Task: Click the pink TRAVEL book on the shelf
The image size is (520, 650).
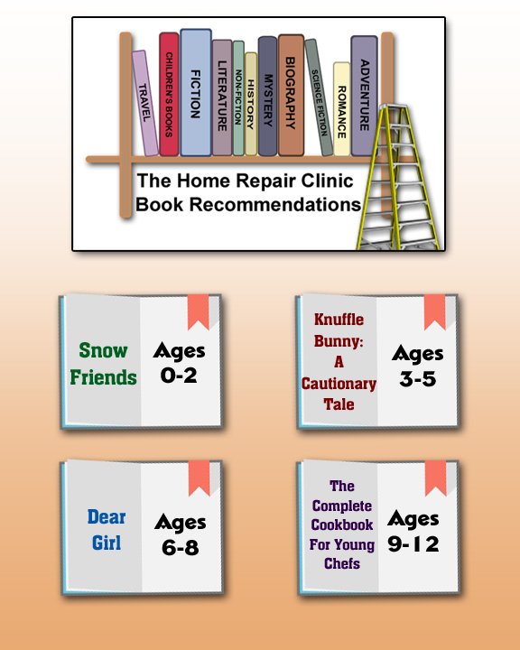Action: tap(144, 103)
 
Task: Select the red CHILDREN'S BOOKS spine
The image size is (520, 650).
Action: tap(169, 94)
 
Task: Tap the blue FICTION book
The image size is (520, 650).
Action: tap(196, 92)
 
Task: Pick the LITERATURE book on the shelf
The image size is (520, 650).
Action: tap(222, 97)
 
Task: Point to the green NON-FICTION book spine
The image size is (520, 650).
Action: tap(238, 97)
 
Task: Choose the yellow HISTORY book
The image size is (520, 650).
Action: tap(251, 104)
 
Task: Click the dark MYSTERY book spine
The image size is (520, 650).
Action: tap(267, 97)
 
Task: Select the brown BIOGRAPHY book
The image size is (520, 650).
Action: tap(291, 95)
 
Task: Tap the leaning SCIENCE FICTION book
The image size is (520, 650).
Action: tap(319, 97)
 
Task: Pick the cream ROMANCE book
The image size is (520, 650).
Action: tap(341, 109)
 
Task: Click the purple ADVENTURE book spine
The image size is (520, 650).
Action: tap(364, 96)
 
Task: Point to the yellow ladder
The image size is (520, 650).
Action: tap(396, 178)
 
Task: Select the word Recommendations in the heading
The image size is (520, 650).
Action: tap(275, 204)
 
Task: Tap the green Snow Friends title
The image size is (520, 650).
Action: tap(103, 364)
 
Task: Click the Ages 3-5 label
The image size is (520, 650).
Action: tap(418, 366)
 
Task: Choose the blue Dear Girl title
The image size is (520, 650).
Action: tap(107, 530)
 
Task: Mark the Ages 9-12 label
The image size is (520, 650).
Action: tap(413, 532)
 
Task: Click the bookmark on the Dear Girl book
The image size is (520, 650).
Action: tap(199, 478)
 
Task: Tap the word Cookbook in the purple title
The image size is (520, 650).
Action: tap(342, 525)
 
